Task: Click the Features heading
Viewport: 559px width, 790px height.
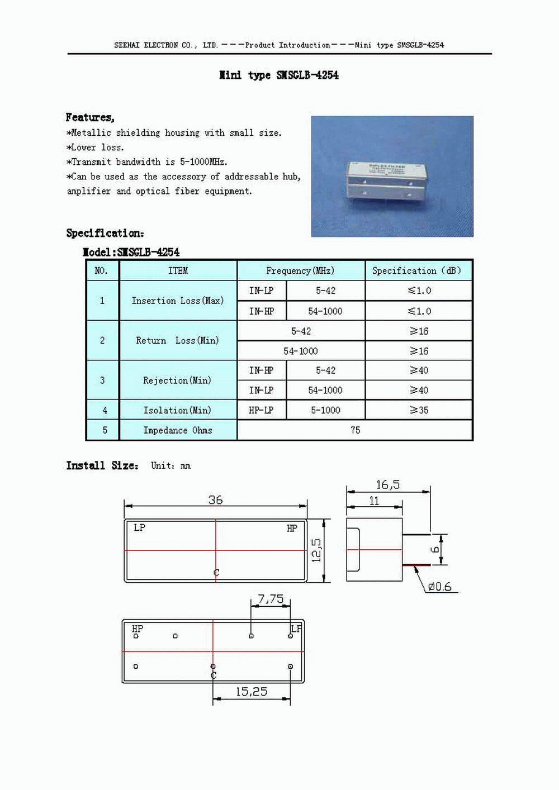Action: (x=90, y=117)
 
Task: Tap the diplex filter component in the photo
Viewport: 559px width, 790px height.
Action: (x=382, y=179)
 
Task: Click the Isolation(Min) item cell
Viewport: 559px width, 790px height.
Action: (x=177, y=410)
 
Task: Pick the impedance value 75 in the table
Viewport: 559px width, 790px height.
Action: (x=355, y=430)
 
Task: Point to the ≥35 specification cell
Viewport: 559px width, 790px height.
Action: (x=419, y=410)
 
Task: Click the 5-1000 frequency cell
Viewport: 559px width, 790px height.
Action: (x=325, y=410)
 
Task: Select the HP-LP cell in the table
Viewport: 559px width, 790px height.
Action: (x=261, y=410)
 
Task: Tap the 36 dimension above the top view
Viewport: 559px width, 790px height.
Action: (x=215, y=500)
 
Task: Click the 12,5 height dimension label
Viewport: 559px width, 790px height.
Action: (x=316, y=550)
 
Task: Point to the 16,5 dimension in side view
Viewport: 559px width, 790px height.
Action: (x=388, y=485)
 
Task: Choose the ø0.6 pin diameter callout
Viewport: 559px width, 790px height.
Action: (x=440, y=587)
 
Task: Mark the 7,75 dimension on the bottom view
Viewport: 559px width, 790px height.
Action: (x=271, y=599)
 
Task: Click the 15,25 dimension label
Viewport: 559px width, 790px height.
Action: (x=251, y=692)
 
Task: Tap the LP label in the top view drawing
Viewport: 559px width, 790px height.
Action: (x=139, y=528)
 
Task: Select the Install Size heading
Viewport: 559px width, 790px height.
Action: (x=102, y=465)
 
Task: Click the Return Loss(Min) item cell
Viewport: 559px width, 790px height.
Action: (x=177, y=340)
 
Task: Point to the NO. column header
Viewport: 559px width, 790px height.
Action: (x=101, y=271)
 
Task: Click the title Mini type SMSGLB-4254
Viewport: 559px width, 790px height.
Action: (x=279, y=75)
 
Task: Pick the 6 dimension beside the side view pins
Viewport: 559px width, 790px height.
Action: (x=435, y=550)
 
